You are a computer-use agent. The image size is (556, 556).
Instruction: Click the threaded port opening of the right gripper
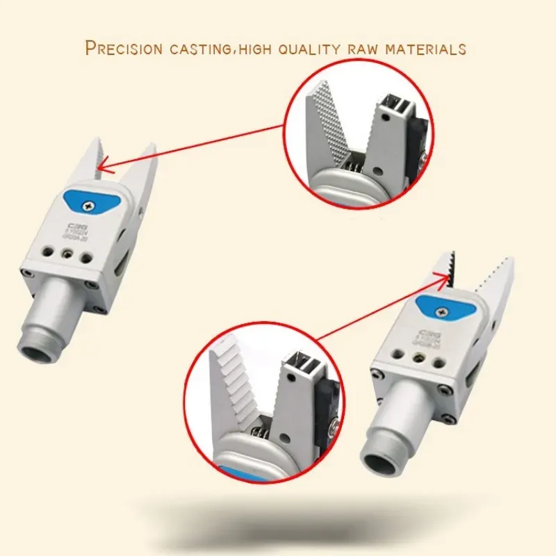point(382,461)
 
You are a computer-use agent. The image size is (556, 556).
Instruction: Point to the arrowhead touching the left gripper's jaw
point(101,165)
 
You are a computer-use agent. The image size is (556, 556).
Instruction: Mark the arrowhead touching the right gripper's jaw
point(445,275)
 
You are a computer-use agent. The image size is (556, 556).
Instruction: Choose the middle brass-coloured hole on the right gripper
point(418,359)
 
